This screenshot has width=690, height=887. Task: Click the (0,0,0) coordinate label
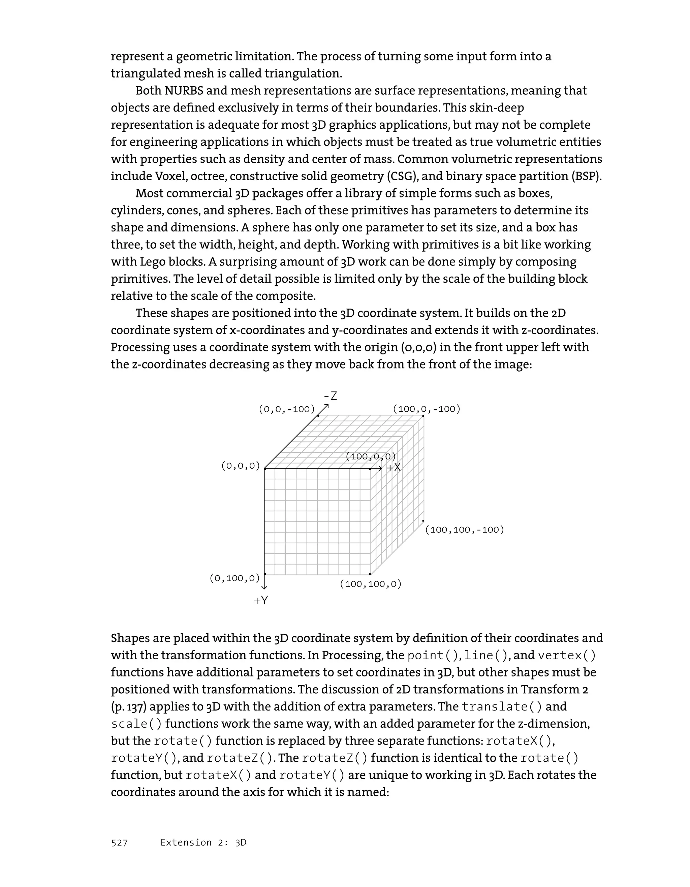241,466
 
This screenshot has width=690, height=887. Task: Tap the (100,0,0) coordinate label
370,456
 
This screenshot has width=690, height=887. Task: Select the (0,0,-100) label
287,409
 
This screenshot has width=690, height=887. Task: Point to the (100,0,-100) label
427,409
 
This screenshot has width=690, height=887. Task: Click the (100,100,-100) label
465,530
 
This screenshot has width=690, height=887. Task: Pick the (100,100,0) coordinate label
370,584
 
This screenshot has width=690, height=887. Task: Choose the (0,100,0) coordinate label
234,578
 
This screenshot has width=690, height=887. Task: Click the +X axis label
394,468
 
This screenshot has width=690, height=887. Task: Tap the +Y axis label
261,600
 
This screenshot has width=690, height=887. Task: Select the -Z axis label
331,396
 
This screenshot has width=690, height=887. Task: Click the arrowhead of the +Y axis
264,587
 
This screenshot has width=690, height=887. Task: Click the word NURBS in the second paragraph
184,91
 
